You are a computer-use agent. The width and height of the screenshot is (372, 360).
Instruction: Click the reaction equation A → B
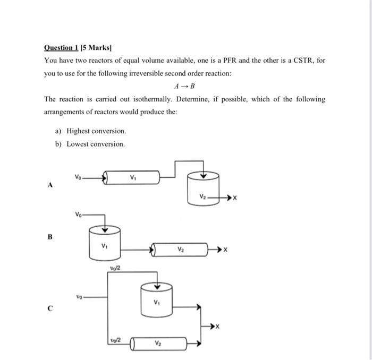[184, 86]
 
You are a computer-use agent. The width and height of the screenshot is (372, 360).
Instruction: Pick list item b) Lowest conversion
[90, 144]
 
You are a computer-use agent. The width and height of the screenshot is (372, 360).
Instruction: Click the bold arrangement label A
[50, 185]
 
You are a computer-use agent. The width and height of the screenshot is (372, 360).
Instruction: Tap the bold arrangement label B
[50, 236]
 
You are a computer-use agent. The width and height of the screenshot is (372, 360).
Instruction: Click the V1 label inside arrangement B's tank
[105, 245]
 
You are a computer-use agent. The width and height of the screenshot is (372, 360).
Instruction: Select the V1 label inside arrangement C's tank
[156, 303]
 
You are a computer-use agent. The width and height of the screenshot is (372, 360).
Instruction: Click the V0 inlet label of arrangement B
[78, 214]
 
